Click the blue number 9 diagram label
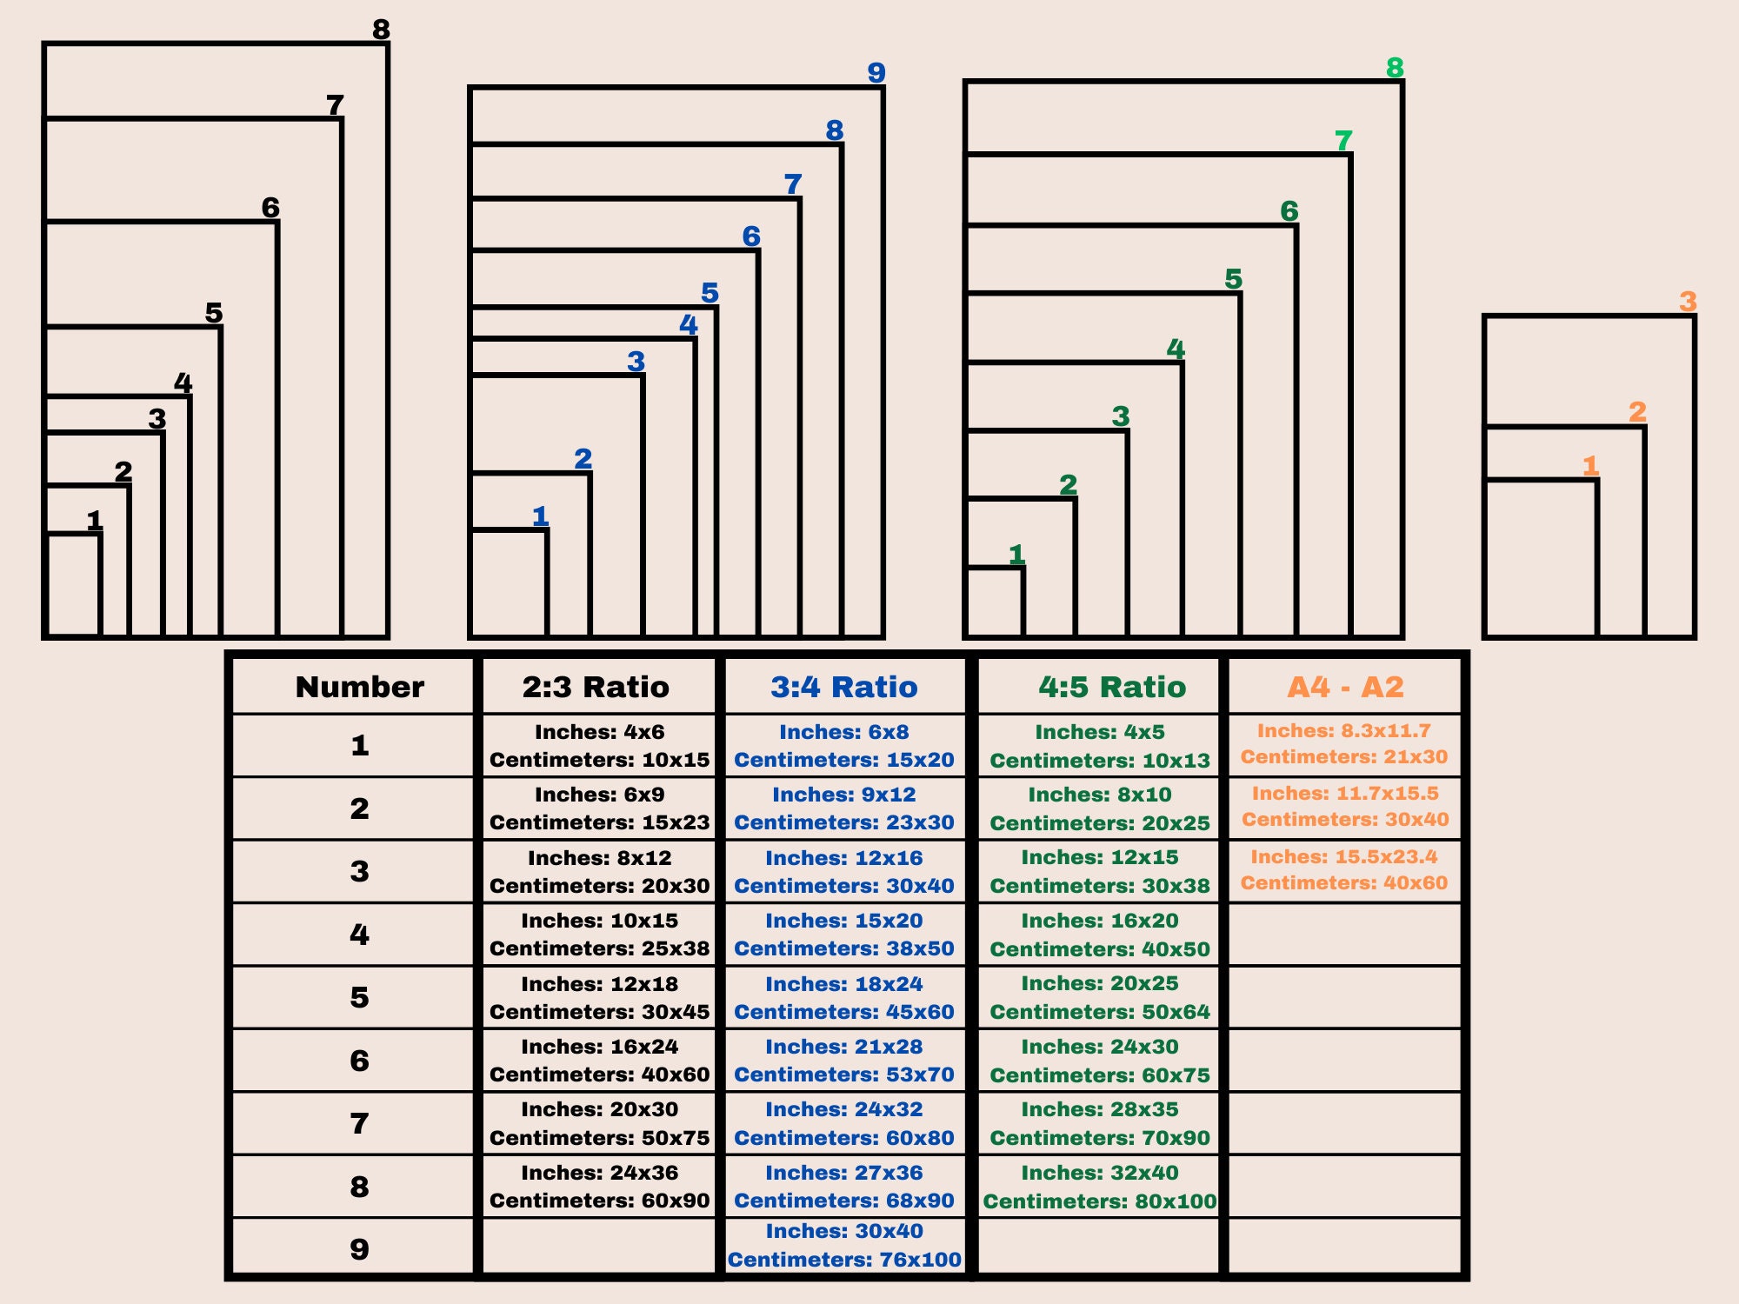coord(876,72)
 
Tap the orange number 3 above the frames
coord(1688,301)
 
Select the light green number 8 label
coord(1395,67)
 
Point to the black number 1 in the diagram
coord(95,520)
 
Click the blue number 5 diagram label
coord(710,292)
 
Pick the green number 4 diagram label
coord(1176,349)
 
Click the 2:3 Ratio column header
coord(596,687)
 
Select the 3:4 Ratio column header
coord(844,687)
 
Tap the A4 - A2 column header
coord(1345,687)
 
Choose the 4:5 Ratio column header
coord(1112,687)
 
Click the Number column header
coord(360,687)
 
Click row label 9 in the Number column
coord(359,1249)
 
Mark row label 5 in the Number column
coord(359,997)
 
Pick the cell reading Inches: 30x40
coord(844,1231)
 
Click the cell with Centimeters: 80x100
coord(1100,1201)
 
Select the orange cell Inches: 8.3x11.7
coord(1344,730)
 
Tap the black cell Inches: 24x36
coord(600,1173)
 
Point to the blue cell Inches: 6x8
coord(844,732)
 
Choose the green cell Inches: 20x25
coord(1100,983)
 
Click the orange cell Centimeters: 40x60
coord(1344,882)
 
